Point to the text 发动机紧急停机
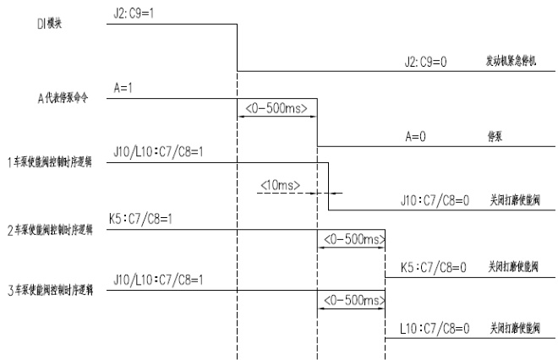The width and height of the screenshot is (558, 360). pyautogui.click(x=510, y=63)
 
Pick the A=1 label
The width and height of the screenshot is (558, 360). pyautogui.click(x=123, y=87)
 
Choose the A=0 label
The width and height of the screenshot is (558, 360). pyautogui.click(x=415, y=135)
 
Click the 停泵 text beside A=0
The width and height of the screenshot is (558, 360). pyautogui.click(x=486, y=136)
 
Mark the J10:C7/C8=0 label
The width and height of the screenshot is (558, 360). pyautogui.click(x=435, y=201)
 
